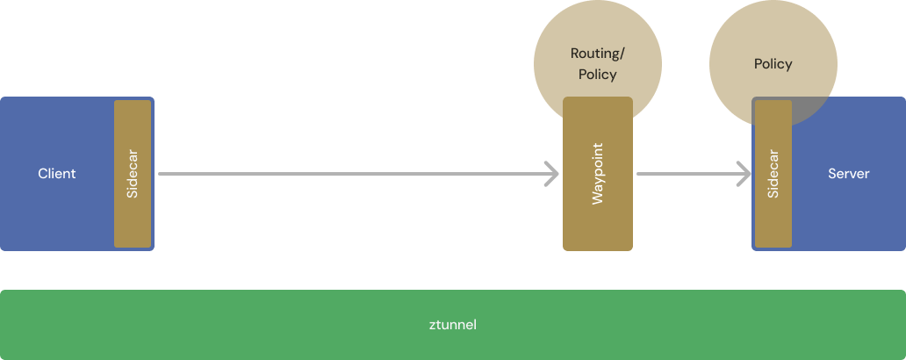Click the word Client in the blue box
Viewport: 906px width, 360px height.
tap(57, 174)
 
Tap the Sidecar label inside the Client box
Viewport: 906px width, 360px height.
tap(133, 174)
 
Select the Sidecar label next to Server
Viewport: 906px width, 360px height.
tap(773, 174)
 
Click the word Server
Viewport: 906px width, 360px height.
tap(848, 174)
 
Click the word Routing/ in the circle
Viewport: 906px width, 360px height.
tap(597, 54)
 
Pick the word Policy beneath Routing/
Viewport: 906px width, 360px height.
tap(597, 75)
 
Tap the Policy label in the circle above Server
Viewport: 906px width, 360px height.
tap(773, 64)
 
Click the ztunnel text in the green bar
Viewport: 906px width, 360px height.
tap(453, 325)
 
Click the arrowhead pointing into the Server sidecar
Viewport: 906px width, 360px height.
tap(744, 174)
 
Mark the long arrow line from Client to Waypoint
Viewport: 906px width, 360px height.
tap(351, 174)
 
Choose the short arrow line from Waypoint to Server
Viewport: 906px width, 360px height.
tap(685, 174)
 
